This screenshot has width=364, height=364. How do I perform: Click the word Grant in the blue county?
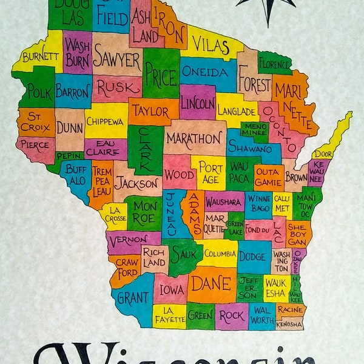tap(132, 297)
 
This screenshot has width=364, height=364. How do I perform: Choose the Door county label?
tap(322, 154)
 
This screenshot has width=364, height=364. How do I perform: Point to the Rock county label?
tap(231, 315)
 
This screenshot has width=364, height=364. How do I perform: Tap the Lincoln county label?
tap(198, 101)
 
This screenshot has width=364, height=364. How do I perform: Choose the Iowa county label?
tap(171, 289)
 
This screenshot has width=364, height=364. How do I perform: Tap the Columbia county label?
tap(220, 254)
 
